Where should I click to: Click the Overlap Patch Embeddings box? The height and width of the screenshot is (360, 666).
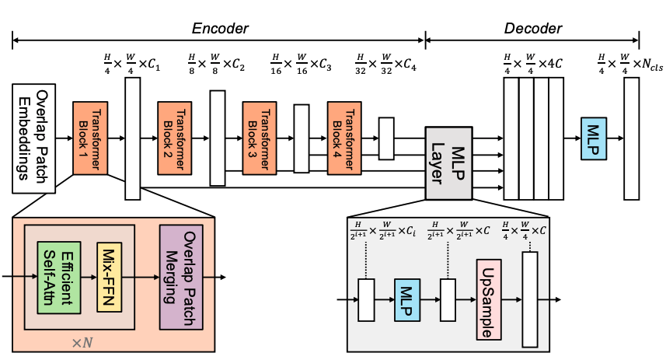tap(34, 138)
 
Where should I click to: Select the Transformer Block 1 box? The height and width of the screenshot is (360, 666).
tap(90, 138)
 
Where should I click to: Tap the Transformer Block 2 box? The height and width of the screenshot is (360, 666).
tap(175, 138)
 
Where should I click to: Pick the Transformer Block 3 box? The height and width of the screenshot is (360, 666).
tap(260, 138)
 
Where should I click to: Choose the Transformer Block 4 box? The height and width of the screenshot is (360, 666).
tap(344, 138)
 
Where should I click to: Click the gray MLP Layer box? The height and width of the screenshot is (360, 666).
tap(449, 163)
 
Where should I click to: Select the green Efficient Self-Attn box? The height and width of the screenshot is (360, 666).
tap(59, 278)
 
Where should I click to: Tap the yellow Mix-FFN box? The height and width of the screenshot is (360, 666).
tap(109, 277)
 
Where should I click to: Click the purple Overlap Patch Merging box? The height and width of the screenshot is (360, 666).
tap(181, 277)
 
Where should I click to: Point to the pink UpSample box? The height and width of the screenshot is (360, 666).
tap(489, 299)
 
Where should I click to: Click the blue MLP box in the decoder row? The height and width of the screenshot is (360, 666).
tap(594, 138)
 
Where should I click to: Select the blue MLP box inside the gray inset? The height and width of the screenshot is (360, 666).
tap(407, 300)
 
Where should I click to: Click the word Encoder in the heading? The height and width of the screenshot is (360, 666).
tap(220, 28)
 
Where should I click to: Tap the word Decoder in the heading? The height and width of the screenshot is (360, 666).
tap(533, 28)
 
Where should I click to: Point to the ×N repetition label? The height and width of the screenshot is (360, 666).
tap(82, 343)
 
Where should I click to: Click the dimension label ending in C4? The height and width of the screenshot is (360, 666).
tap(385, 65)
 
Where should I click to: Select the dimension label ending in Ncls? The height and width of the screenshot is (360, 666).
tap(630, 65)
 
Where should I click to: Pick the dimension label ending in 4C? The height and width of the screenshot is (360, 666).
tap(532, 65)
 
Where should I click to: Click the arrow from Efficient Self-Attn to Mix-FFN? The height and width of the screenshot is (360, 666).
tap(89, 278)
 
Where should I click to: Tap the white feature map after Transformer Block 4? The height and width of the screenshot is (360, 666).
tap(386, 138)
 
